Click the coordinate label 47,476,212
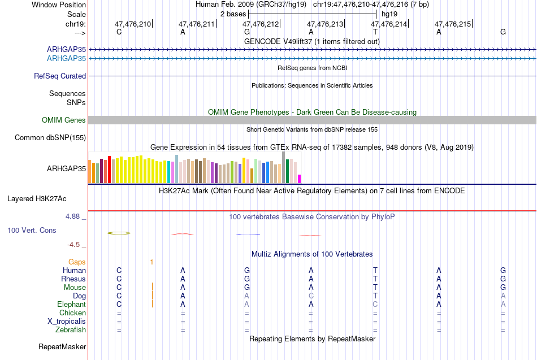click(x=261, y=24)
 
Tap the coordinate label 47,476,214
click(x=389, y=24)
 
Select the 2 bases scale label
click(x=233, y=14)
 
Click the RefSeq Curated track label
click(x=60, y=76)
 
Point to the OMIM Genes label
click(x=64, y=120)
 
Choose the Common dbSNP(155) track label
click(x=50, y=138)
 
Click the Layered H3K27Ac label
click(x=37, y=199)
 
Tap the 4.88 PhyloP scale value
click(x=72, y=216)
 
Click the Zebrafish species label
click(x=71, y=330)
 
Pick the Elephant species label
click(x=72, y=305)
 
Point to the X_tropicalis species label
click(x=67, y=322)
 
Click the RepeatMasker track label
click(x=62, y=346)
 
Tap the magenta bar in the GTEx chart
click(x=300, y=179)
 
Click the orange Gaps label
click(x=77, y=262)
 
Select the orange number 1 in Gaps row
click(x=151, y=262)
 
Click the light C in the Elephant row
click(x=375, y=304)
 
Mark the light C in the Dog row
click(x=311, y=296)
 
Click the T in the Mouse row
click(x=375, y=287)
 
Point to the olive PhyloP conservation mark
click(x=119, y=233)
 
